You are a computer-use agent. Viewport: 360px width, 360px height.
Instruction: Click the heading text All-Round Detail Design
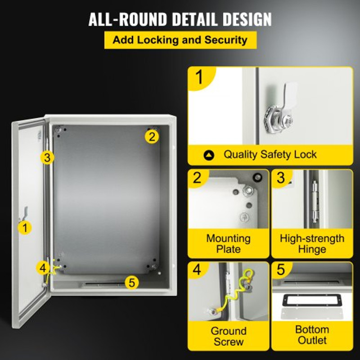180,19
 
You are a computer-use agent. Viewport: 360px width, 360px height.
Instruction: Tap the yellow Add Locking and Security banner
180,40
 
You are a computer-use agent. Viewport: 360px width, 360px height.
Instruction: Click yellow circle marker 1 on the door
25,227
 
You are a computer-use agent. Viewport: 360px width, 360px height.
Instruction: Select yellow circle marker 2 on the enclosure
153,136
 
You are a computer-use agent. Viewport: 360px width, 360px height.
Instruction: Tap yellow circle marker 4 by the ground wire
43,268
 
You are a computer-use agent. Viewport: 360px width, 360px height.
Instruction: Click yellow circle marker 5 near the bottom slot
131,282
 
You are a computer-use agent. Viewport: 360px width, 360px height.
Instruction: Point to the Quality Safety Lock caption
270,155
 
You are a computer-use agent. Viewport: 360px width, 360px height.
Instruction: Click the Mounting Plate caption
229,243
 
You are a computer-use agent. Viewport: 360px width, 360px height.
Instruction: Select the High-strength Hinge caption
312,243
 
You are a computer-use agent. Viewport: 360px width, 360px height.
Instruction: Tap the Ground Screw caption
229,336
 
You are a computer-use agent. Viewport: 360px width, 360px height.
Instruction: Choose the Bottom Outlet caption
312,335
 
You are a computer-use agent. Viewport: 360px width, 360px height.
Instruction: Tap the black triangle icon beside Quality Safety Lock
209,155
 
